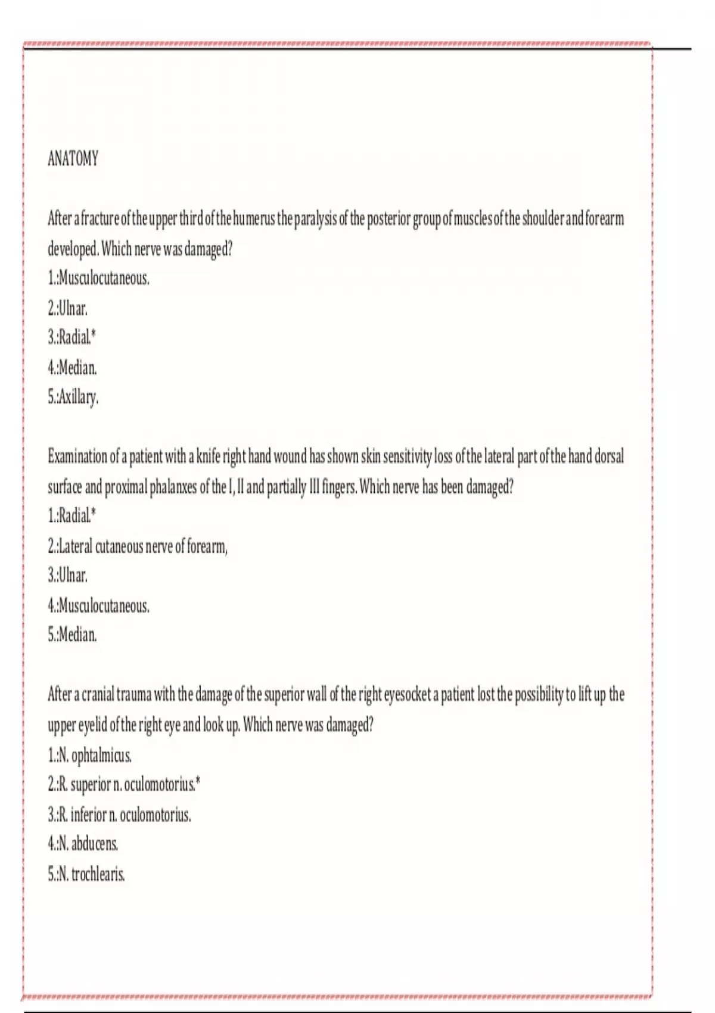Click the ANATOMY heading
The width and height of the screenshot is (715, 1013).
click(x=73, y=159)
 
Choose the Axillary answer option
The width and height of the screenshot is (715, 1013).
click(x=73, y=397)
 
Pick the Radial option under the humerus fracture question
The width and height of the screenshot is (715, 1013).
click(x=72, y=338)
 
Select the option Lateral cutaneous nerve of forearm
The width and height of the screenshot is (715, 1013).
click(x=138, y=546)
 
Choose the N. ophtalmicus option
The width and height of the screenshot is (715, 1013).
click(x=90, y=756)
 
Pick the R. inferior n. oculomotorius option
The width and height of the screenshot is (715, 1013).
click(x=120, y=815)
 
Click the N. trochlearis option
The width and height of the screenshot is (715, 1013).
click(x=87, y=874)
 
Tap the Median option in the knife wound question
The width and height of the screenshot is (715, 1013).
click(x=72, y=635)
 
